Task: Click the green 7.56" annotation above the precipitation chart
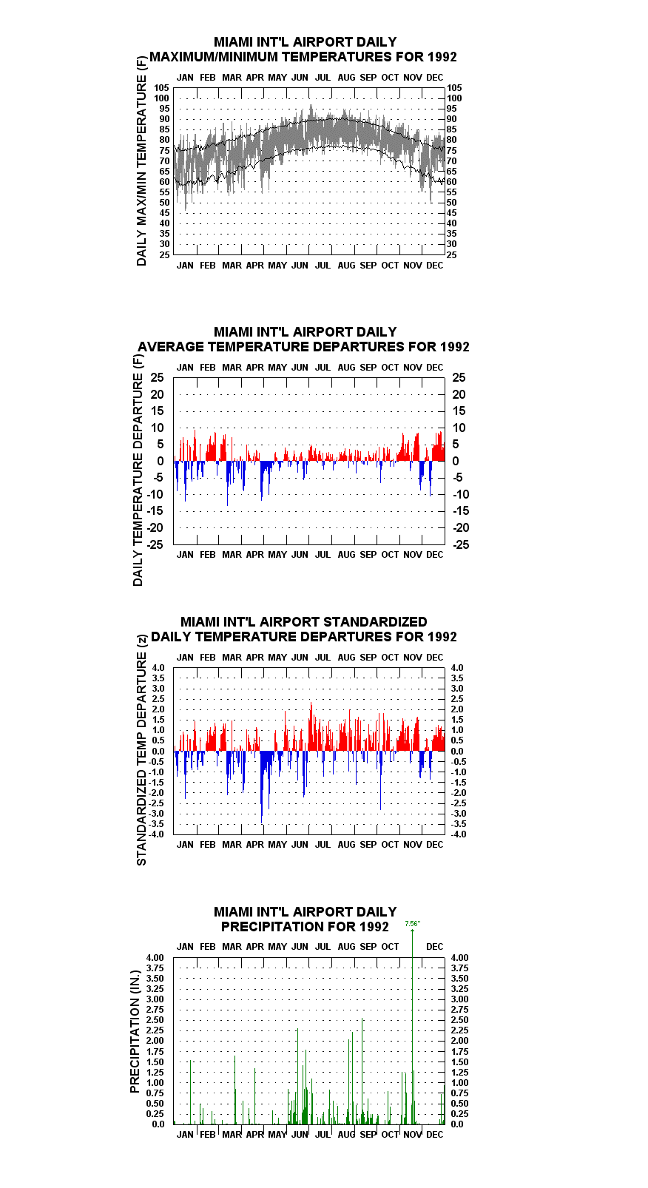pos(413,923)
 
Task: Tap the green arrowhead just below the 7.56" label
pos(413,931)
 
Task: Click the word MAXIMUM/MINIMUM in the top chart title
pos(214,57)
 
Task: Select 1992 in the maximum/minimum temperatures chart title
pos(442,57)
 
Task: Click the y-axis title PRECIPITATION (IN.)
pos(135,1031)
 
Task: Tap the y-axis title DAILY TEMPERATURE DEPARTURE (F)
pos(138,470)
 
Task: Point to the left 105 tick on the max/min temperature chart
pos(162,88)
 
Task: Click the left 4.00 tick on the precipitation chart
pos(155,958)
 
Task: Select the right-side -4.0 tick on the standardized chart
pos(459,834)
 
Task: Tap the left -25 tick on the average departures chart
pos(155,544)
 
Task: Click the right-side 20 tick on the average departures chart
pos(459,394)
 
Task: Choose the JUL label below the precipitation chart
pos(323,1135)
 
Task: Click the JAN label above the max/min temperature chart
pos(185,78)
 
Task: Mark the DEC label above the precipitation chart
pos(435,947)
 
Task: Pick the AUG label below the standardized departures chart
pos(346,844)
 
